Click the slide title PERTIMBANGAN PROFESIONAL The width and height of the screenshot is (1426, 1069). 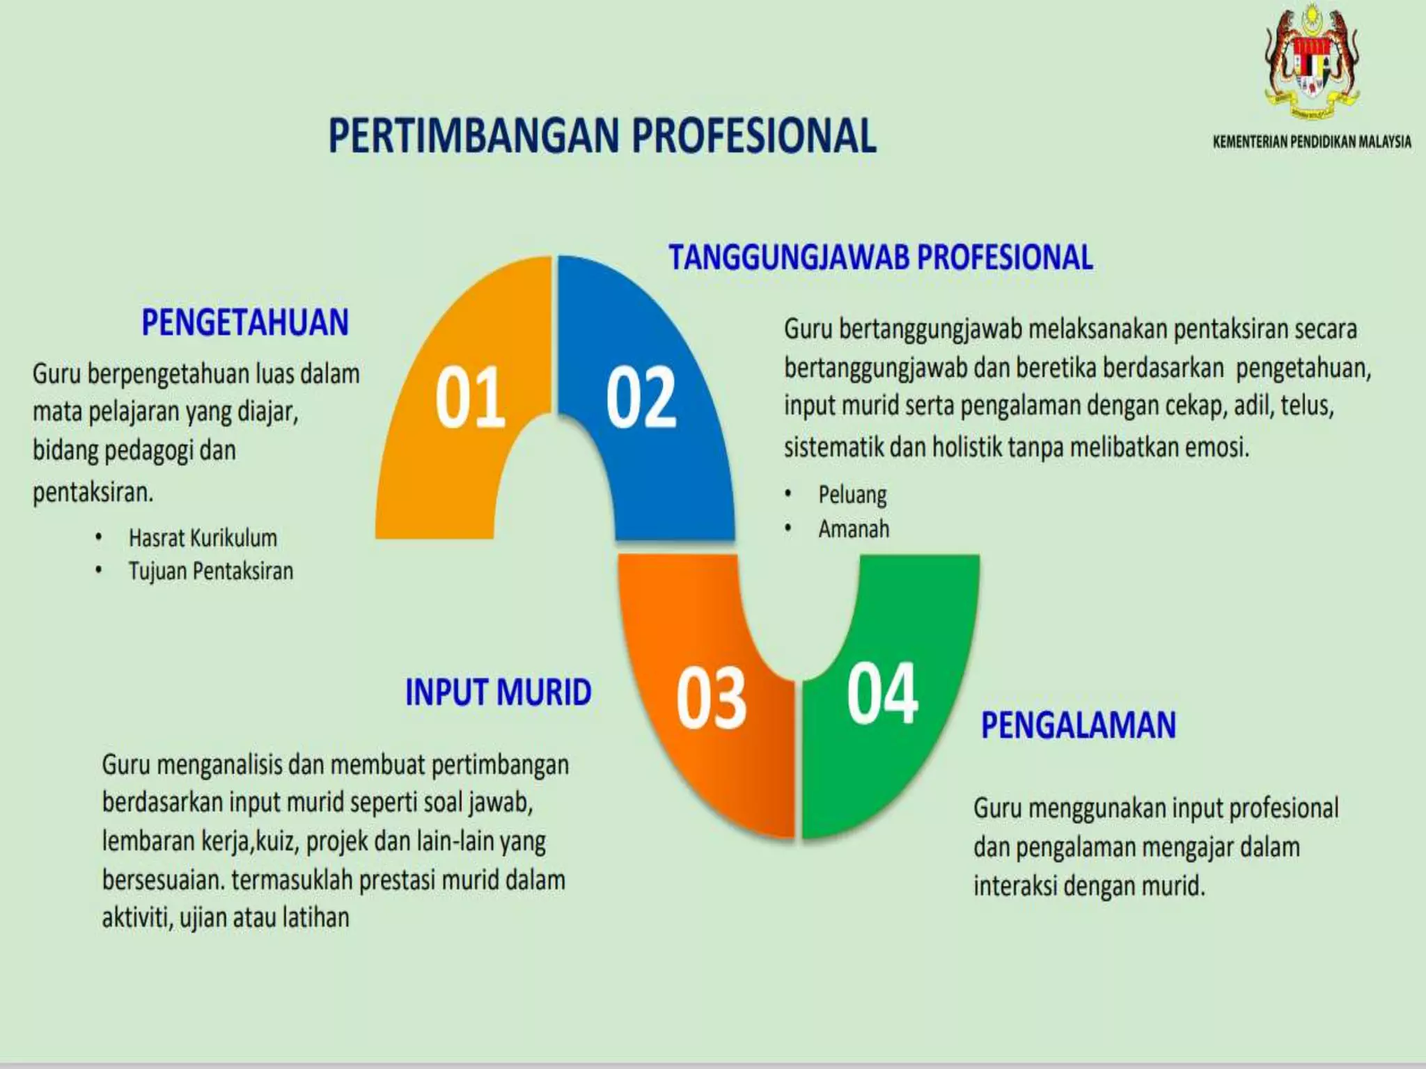(602, 136)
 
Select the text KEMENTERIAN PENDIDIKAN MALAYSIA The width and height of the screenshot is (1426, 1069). (1312, 142)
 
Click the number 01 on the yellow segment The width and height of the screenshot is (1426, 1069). (470, 398)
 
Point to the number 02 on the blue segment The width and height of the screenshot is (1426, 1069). (641, 398)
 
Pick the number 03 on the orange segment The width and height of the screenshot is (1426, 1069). (711, 698)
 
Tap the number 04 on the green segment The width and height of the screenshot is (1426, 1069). (882, 693)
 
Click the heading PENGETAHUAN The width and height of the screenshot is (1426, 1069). (245, 323)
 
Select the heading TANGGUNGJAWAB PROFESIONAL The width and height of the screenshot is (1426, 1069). (881, 258)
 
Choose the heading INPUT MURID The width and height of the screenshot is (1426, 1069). (499, 693)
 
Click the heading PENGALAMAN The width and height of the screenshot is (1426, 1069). (1079, 725)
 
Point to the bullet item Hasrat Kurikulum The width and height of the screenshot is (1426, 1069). (203, 538)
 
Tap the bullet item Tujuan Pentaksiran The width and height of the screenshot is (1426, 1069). (211, 571)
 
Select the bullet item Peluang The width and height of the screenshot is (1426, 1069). (852, 495)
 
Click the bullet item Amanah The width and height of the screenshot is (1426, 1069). (854, 529)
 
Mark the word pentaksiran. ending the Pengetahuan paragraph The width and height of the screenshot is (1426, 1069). (93, 493)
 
